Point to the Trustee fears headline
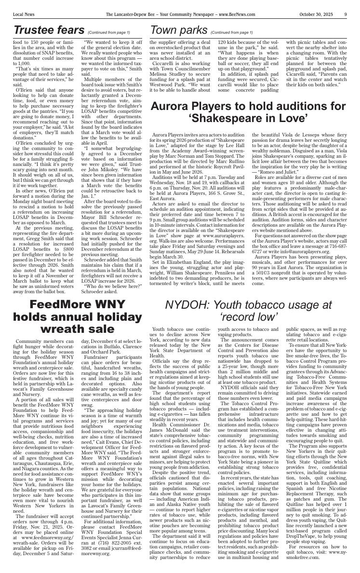pos(49,30)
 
